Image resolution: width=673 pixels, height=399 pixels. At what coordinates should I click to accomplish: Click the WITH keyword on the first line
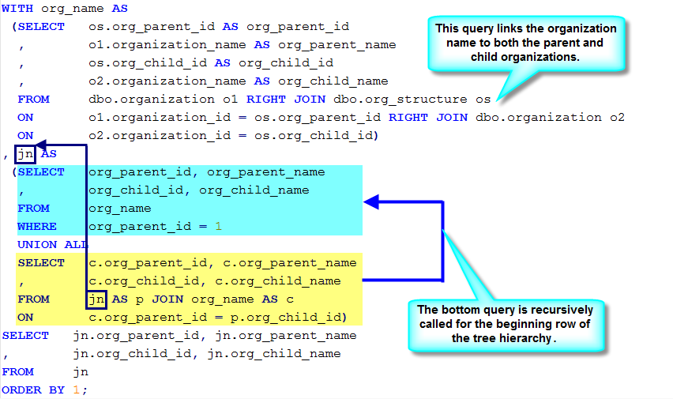pyautogui.click(x=17, y=9)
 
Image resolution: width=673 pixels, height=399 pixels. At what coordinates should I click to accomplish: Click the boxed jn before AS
pyautogui.click(x=25, y=154)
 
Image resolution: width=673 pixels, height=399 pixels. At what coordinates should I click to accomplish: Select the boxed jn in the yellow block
pyautogui.click(x=96, y=299)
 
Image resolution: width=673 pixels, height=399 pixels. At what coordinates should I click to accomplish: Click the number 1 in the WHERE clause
pyautogui.click(x=219, y=226)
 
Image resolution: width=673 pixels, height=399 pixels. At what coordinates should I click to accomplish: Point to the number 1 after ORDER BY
pyautogui.click(x=77, y=390)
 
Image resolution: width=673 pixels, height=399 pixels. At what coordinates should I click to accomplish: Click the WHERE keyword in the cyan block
pyautogui.click(x=37, y=226)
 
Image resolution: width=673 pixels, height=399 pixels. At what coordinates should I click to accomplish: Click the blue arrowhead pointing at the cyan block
pyautogui.click(x=371, y=201)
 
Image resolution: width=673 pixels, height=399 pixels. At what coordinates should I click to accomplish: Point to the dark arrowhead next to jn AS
pyautogui.click(x=41, y=145)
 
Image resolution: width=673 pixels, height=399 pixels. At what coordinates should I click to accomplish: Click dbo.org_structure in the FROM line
pyautogui.click(x=400, y=100)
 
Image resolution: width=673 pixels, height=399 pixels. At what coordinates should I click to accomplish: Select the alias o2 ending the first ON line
pyautogui.click(x=617, y=118)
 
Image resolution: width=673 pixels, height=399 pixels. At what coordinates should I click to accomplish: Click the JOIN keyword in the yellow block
pyautogui.click(x=167, y=299)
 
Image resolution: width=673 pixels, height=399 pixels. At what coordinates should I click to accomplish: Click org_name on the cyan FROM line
pyautogui.click(x=120, y=209)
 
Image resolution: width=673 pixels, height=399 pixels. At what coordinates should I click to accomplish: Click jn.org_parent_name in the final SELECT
pyautogui.click(x=286, y=336)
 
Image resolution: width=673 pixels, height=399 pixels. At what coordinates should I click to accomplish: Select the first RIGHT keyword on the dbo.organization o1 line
pyautogui.click(x=265, y=100)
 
